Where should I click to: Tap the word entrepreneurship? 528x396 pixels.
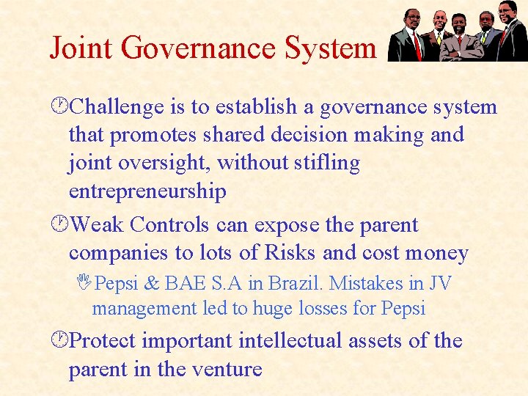click(x=147, y=192)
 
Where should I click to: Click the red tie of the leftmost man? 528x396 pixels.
click(x=417, y=43)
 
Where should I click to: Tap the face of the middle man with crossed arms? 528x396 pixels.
click(x=460, y=22)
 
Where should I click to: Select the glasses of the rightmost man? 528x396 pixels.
click(x=505, y=11)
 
